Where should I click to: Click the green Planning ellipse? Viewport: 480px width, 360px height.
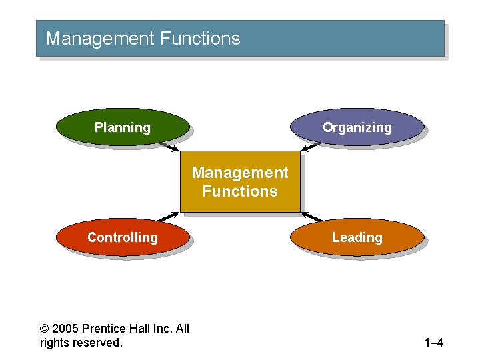click(123, 127)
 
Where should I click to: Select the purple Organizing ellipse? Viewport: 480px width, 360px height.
click(357, 127)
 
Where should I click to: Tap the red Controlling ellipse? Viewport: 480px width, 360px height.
click(123, 237)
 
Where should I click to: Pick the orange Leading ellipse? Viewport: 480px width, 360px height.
click(357, 237)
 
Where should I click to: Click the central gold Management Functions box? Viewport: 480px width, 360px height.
click(240, 181)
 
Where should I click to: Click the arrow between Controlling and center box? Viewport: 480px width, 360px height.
click(169, 217)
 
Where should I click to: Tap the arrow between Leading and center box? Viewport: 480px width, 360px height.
click(312, 217)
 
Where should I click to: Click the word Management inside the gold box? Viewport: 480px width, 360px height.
click(240, 173)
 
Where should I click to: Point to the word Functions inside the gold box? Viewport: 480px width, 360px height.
click(240, 191)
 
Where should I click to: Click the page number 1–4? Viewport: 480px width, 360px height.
click(433, 343)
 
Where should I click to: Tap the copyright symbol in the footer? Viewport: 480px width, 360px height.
click(44, 329)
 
